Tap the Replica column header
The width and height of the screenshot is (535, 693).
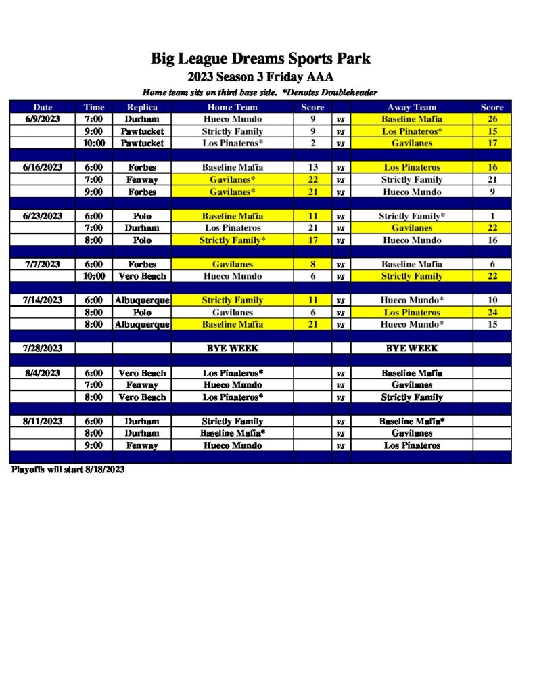tap(142, 107)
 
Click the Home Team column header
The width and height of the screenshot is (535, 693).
tap(232, 107)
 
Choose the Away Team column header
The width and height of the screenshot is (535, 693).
tap(411, 107)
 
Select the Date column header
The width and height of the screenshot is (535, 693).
tap(43, 107)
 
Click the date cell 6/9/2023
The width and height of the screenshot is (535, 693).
tap(43, 119)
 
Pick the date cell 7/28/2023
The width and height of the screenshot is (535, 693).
tap(43, 349)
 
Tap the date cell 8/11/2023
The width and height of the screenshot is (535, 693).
tap(43, 421)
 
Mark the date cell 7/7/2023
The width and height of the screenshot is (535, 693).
tap(43, 264)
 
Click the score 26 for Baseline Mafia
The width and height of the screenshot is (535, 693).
tap(492, 119)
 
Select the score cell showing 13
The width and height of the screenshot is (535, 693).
tap(312, 167)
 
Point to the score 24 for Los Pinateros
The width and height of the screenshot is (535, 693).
tap(492, 313)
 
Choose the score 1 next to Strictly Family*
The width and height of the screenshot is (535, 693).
tap(492, 216)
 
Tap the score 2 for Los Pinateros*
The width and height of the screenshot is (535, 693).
tap(312, 143)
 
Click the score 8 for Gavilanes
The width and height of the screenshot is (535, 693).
tap(312, 264)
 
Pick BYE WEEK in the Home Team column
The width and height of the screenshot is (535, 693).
tap(232, 349)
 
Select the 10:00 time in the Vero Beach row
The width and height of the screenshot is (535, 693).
tap(94, 276)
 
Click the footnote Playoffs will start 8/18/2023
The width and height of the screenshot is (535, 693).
tap(68, 469)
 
